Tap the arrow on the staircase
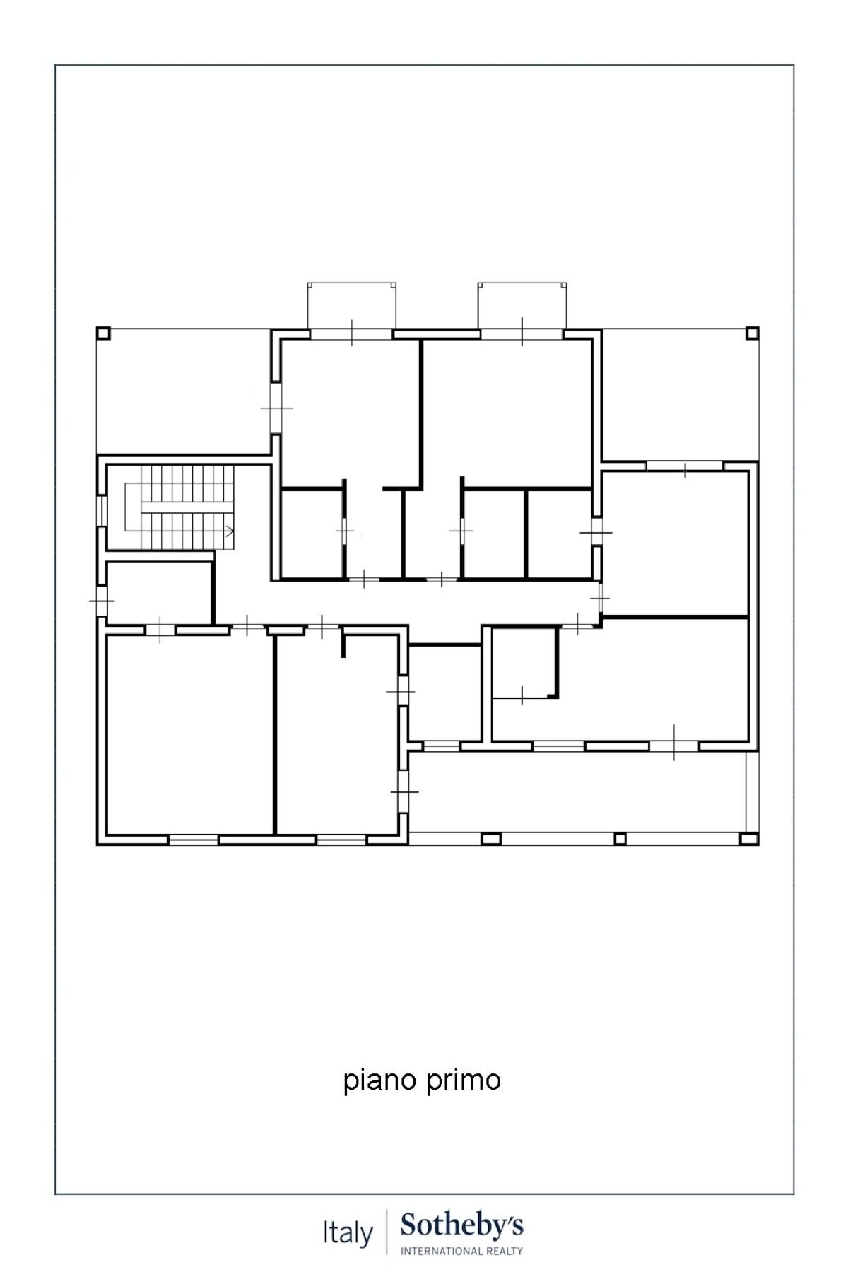coord(228,531)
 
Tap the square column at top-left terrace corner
coord(103,333)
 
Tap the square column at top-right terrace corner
coord(752,333)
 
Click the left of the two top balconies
coord(351,306)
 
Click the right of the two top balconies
coord(522,306)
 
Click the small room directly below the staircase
coord(159,592)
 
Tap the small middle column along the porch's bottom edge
coord(620,839)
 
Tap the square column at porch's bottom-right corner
coord(748,839)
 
